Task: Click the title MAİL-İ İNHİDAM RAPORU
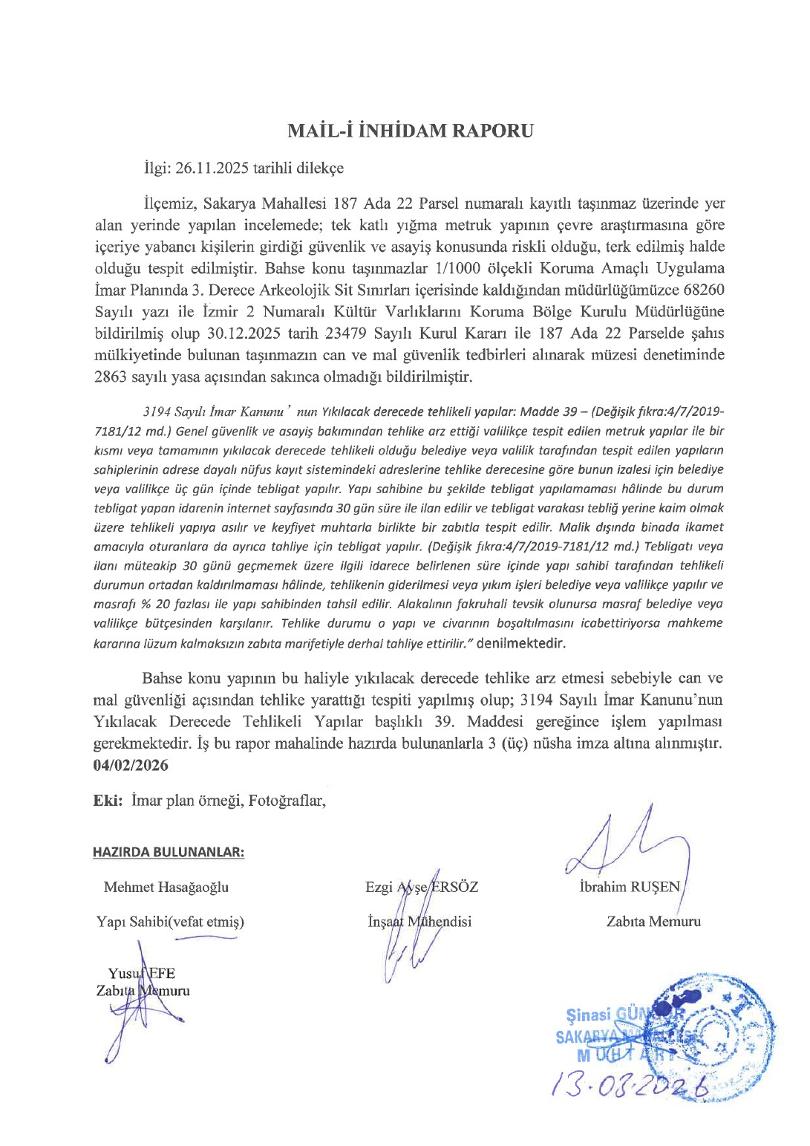[410, 131]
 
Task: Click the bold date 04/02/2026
[131, 765]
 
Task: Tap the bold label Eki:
[108, 801]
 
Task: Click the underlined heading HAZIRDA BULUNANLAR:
[169, 852]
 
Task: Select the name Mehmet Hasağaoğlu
[166, 887]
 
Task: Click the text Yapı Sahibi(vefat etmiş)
[170, 922]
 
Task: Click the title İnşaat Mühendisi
[420, 922]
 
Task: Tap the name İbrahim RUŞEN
[630, 887]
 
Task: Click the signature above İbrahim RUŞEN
[631, 847]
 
